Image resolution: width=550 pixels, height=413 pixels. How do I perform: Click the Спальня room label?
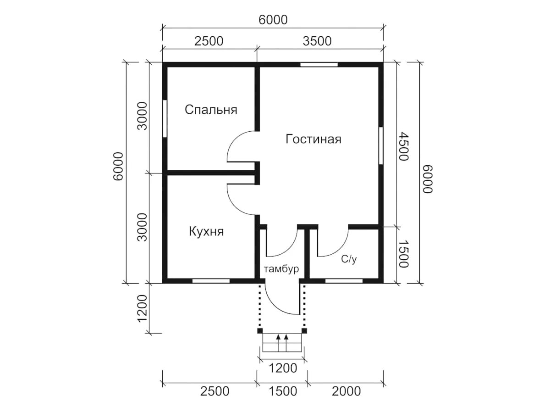pyautogui.click(x=211, y=110)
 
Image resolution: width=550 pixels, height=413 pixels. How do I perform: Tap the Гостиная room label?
pyautogui.click(x=313, y=139)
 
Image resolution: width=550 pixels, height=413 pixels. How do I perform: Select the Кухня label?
pyautogui.click(x=206, y=231)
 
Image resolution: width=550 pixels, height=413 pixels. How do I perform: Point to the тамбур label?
pyautogui.click(x=281, y=269)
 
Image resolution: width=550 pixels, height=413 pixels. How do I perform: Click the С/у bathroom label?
pyautogui.click(x=348, y=259)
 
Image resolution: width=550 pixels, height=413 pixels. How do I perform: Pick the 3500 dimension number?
pyautogui.click(x=317, y=41)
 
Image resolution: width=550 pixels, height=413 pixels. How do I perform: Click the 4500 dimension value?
pyautogui.click(x=403, y=146)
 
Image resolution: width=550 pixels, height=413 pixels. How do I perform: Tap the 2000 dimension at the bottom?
pyautogui.click(x=346, y=391)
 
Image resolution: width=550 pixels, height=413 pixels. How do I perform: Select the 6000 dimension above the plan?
pyautogui.click(x=273, y=20)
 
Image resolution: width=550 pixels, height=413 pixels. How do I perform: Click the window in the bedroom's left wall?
pyautogui.click(x=165, y=119)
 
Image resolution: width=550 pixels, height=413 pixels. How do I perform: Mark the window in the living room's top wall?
pyautogui.click(x=319, y=65)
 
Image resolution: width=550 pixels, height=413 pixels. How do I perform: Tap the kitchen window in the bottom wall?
pyautogui.click(x=211, y=281)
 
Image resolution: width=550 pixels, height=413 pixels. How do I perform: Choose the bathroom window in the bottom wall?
pyautogui.click(x=344, y=281)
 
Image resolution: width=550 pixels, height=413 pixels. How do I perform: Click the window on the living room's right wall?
pyautogui.click(x=381, y=145)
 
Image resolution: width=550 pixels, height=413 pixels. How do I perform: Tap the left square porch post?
pyautogui.click(x=260, y=331)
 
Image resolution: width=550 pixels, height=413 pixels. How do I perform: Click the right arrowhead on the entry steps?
pyautogui.click(x=286, y=337)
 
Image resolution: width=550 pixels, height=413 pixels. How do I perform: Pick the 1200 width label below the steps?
pyautogui.click(x=283, y=368)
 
